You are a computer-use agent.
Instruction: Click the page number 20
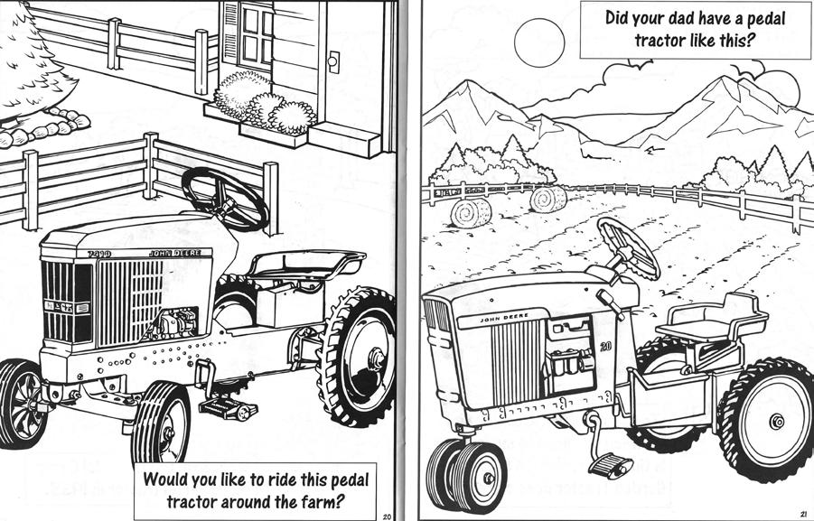(x=387, y=515)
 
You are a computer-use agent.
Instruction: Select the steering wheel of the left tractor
(x=224, y=197)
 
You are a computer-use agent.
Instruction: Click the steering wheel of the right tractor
(x=630, y=247)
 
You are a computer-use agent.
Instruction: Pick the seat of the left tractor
(x=306, y=263)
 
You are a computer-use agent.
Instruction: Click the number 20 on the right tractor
(x=605, y=345)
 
